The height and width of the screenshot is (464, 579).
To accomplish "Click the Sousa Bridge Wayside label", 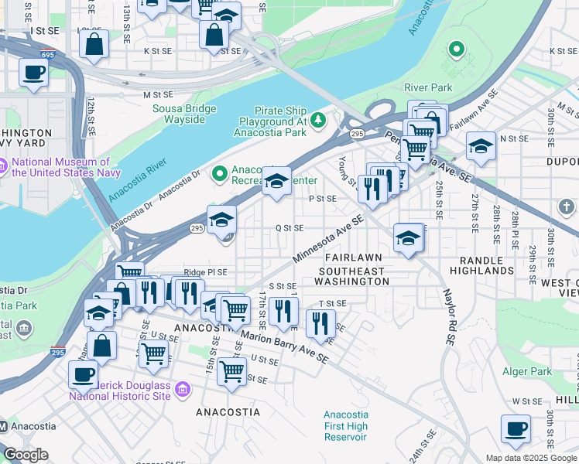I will click(x=179, y=114).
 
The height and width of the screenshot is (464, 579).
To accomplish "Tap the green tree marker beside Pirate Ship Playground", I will click(x=317, y=121).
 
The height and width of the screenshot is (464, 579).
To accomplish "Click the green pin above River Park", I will click(x=457, y=51).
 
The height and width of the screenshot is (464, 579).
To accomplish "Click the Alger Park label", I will click(x=526, y=371).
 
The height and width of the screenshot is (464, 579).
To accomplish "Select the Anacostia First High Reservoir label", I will click(x=345, y=426).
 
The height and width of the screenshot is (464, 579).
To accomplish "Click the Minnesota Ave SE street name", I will click(x=328, y=238).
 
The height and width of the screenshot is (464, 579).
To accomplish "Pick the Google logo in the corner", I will click(x=26, y=455).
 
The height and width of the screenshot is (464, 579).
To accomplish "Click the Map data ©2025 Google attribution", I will click(x=531, y=458).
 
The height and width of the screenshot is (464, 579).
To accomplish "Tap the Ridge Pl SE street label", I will click(x=205, y=272).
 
